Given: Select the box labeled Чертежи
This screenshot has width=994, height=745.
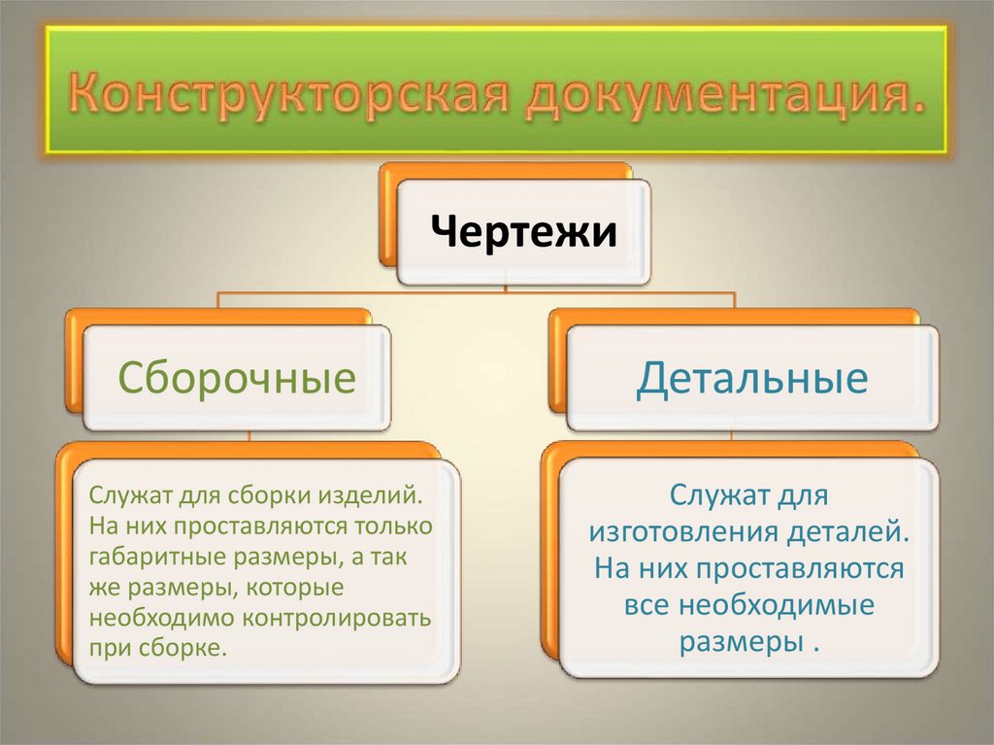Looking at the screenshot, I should (523, 233).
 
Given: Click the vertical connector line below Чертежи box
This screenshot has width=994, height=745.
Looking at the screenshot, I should (507, 288).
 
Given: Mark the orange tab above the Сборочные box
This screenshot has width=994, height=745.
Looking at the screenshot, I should (218, 317).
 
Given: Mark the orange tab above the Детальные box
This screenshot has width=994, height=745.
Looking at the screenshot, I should (733, 317).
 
